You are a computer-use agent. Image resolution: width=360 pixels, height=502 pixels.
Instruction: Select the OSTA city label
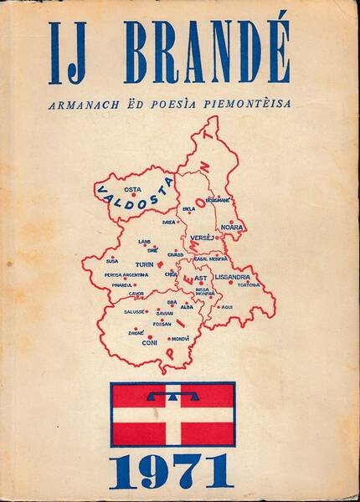click(132, 189)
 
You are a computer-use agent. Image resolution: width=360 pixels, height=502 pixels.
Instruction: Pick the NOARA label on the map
click(230, 227)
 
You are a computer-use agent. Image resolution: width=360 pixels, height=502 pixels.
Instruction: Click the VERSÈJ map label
click(203, 238)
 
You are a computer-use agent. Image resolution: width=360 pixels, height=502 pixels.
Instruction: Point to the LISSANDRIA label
click(233, 275)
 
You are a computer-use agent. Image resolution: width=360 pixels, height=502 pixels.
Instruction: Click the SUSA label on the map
click(111, 261)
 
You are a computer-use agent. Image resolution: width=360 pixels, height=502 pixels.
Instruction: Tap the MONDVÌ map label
click(179, 338)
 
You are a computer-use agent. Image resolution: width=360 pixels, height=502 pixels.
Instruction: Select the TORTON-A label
click(249, 285)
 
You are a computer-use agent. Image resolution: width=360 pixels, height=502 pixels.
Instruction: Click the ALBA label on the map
click(187, 307)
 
